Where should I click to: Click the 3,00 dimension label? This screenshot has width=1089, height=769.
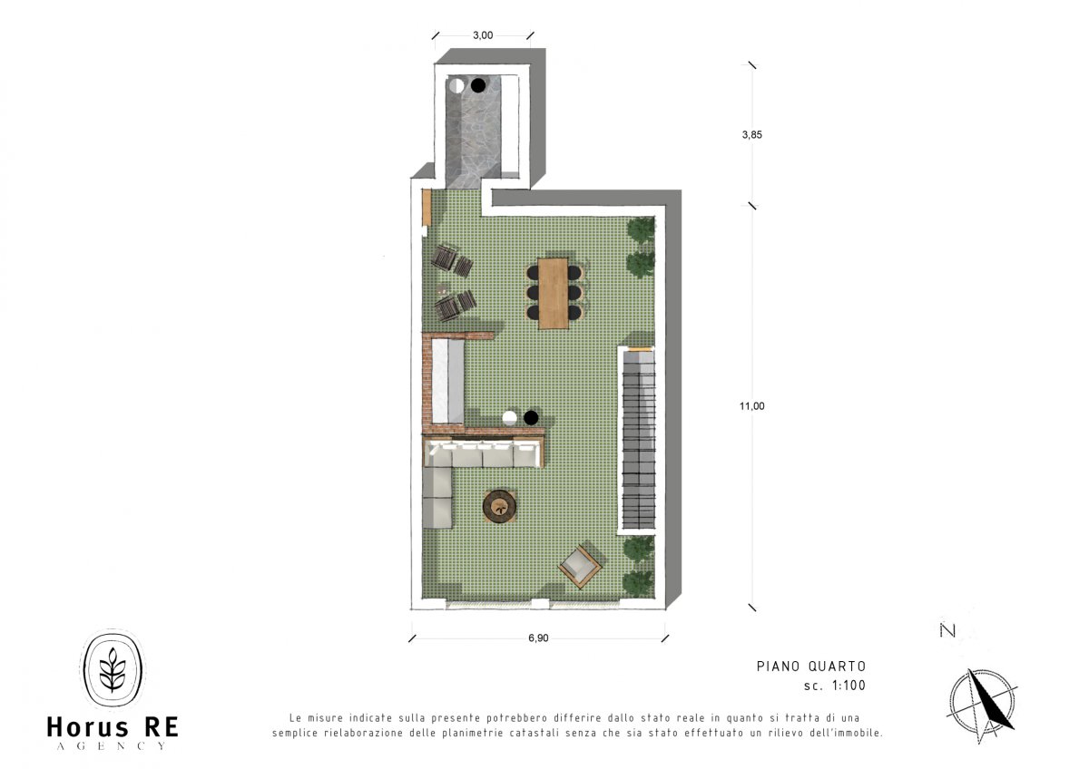pos(482,35)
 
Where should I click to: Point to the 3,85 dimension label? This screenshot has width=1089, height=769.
pos(751,135)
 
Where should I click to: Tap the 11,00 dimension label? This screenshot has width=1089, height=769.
pos(751,406)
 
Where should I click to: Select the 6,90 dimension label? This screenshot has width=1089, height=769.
pos(538,638)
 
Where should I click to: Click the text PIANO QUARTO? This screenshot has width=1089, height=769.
pos(811,667)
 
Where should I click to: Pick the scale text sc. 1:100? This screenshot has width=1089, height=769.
pos(835,686)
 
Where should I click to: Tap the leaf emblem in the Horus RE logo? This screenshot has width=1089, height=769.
pos(113,668)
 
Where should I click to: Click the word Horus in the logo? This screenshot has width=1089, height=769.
pos(87,727)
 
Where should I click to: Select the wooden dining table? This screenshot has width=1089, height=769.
pos(554,293)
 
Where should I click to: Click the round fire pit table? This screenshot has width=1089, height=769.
pos(499,506)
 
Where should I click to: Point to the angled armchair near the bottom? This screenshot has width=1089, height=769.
pos(581,567)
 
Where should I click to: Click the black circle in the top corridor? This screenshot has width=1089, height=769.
pos(478,85)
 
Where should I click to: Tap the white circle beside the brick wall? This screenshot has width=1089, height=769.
pos(510,418)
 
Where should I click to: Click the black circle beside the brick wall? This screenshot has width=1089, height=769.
pos(531,417)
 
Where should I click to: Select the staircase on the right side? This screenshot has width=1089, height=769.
pos(639,440)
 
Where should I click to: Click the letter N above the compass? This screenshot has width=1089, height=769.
pos(947,630)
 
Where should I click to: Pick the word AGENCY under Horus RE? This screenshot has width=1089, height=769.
pos(112,746)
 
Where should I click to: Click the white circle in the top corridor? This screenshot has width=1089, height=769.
pos(456,85)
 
